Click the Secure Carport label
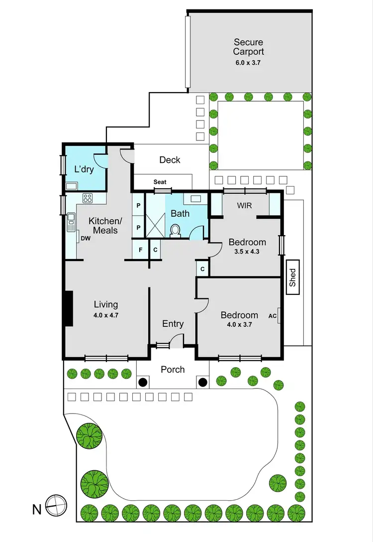click(249, 47)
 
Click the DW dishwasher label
click(85, 239)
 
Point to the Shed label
click(293, 278)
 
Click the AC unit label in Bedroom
click(272, 316)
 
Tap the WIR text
click(245, 205)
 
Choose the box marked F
click(140, 250)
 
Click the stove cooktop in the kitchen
click(88, 198)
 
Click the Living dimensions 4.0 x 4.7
click(106, 315)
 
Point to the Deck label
click(170, 160)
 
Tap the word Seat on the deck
click(160, 182)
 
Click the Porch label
click(173, 369)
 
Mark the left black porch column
click(143, 383)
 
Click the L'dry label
click(84, 169)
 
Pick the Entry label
click(173, 324)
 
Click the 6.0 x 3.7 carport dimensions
click(249, 63)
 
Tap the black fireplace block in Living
click(68, 308)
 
